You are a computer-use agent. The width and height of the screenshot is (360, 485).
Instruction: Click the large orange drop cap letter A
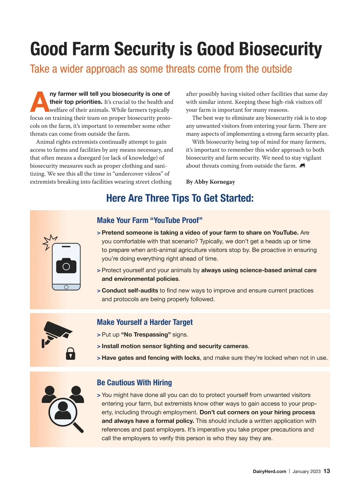point(40,102)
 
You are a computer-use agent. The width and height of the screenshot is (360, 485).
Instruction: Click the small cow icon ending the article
point(302,166)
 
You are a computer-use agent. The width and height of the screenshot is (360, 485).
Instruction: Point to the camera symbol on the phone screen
point(66,266)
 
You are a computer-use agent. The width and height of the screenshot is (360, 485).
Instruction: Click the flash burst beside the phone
point(49,242)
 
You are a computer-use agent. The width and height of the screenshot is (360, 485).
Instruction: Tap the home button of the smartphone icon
point(66,287)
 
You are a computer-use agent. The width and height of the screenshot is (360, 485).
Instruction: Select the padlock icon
point(70,354)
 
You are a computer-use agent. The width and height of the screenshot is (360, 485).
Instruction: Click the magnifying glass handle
point(78,427)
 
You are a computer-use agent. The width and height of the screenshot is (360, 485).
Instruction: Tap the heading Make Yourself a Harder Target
point(145,322)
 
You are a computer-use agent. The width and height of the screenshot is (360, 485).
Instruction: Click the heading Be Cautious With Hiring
point(134,382)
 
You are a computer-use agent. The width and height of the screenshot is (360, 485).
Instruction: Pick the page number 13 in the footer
point(327,471)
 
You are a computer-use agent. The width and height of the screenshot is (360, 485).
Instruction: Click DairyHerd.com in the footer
point(269,471)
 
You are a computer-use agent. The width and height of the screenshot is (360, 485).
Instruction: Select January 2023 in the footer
point(306,471)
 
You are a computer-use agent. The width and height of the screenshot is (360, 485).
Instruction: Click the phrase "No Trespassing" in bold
point(146,335)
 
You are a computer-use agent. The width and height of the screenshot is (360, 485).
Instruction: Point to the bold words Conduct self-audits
point(130,290)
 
